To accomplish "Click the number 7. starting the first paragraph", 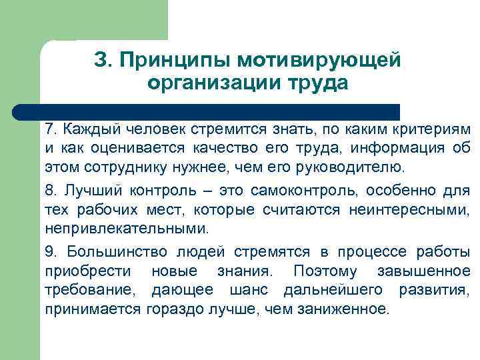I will (51, 128).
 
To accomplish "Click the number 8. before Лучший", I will (51, 191).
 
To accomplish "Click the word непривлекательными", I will (125, 229).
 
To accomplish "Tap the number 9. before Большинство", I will (51, 253).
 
